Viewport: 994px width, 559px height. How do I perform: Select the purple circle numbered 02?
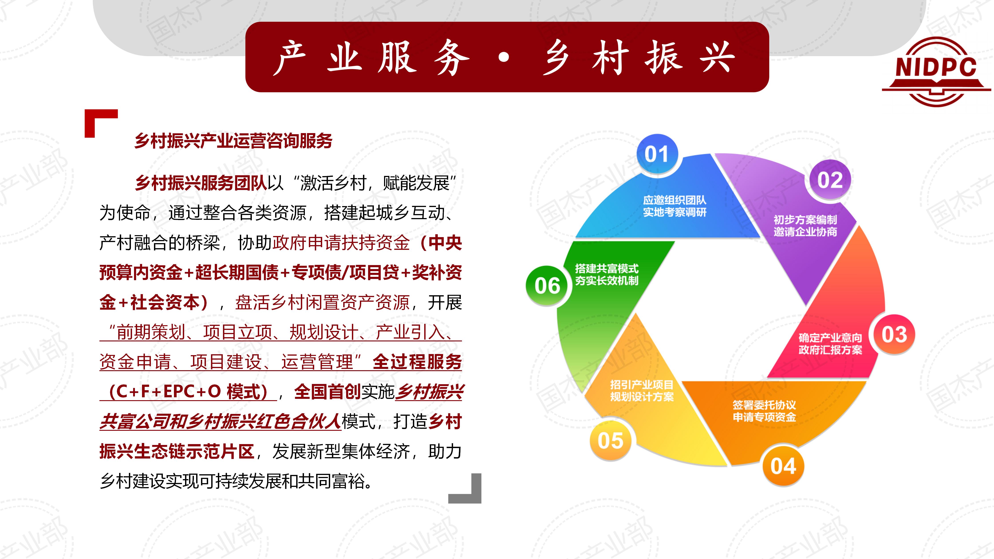pos(830,180)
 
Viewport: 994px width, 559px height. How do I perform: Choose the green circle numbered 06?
pos(547,286)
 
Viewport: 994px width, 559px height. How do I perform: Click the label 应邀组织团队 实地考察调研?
pos(674,206)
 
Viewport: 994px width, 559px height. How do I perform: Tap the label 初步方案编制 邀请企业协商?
pos(805,226)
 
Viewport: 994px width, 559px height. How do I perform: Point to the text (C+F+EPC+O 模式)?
pos(188,392)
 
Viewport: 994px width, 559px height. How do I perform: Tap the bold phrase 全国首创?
pos(327,392)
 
